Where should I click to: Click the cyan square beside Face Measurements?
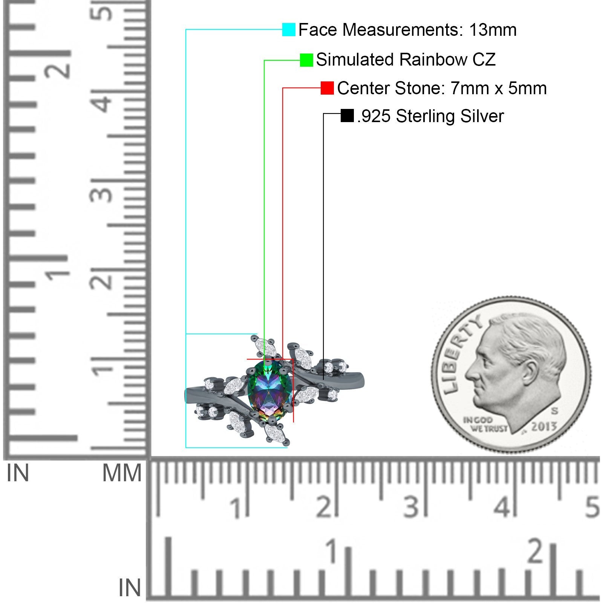289,29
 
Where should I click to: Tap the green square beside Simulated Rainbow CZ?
306,60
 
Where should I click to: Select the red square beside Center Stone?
327,88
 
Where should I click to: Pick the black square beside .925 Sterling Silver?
347,116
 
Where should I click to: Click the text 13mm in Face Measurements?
493,30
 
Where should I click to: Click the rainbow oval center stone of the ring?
270,390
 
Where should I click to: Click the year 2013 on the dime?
544,427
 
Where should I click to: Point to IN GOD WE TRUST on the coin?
485,424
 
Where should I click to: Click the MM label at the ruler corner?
122,473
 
